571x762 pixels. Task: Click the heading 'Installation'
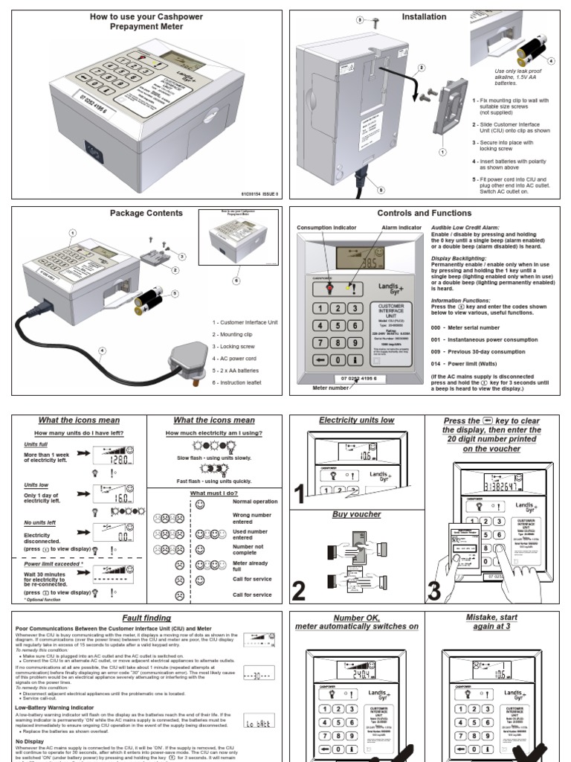424,16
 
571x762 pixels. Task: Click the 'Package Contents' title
146,213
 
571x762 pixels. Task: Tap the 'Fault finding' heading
146,618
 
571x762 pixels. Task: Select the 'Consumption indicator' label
328,228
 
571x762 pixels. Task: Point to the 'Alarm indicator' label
401,228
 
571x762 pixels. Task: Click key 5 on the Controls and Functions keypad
338,325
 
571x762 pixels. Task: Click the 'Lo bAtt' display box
259,723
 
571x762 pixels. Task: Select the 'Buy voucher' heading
357,514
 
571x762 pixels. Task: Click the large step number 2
299,592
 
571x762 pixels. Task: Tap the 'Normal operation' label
255,502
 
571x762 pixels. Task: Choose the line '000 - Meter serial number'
472,327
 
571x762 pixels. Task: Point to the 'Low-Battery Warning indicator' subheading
56,707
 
